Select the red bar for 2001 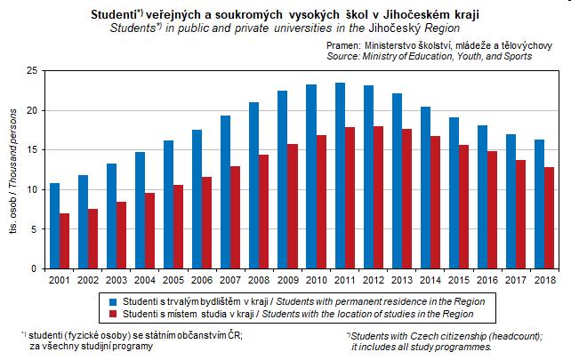coord(64,241)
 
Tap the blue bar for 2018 coord(538,204)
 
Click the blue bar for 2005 coord(168,204)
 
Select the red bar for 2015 coord(463,207)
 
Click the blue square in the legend coord(113,301)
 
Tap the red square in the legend coord(113,314)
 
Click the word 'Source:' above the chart coord(344,56)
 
